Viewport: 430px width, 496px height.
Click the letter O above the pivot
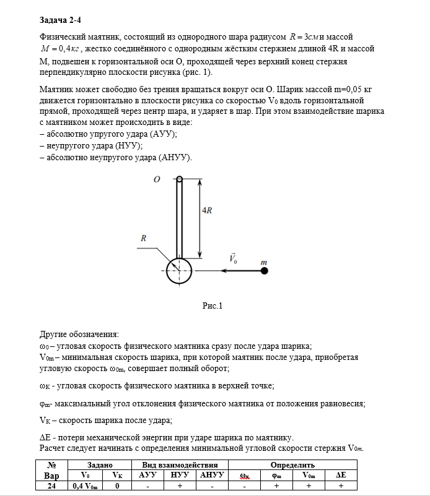(157, 179)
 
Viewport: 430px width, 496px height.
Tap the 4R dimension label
(208, 210)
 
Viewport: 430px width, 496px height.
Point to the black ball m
(263, 270)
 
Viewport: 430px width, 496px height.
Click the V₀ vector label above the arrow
(233, 259)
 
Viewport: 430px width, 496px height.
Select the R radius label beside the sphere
(144, 237)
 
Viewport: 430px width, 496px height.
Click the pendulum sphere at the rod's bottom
(180, 270)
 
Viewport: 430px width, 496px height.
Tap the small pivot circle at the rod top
(180, 179)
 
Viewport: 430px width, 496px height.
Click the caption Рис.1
(213, 305)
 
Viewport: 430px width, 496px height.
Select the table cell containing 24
(52, 486)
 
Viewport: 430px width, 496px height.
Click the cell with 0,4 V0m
(86, 486)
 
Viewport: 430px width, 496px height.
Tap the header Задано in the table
(100, 464)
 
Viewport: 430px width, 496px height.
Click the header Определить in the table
(292, 464)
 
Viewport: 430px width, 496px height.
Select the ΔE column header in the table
(341, 476)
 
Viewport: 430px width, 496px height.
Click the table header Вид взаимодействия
(180, 464)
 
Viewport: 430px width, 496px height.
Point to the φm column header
(276, 476)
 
